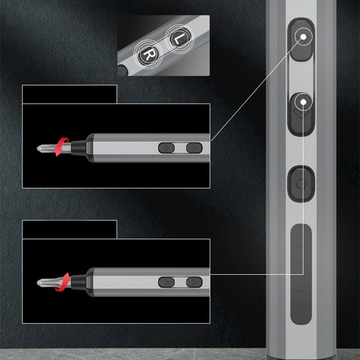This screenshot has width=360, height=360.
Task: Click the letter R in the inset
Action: click(x=148, y=54)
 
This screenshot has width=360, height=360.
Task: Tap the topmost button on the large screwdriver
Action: click(x=301, y=40)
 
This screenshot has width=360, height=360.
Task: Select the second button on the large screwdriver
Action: click(x=301, y=114)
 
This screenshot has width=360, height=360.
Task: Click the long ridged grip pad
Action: click(x=301, y=274)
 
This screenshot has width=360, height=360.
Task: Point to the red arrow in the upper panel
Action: click(x=62, y=147)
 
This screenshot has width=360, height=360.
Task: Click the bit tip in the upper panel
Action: click(x=38, y=148)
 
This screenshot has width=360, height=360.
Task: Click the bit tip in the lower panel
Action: click(x=38, y=283)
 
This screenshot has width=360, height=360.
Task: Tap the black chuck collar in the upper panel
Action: click(x=78, y=148)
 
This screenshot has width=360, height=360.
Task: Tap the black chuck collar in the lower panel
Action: click(x=78, y=282)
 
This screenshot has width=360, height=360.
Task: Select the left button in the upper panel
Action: click(x=166, y=148)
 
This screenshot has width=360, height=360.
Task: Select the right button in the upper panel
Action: click(x=194, y=148)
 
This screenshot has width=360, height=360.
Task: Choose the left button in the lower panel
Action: click(x=166, y=282)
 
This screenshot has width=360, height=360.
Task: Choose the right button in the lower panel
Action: click(x=194, y=282)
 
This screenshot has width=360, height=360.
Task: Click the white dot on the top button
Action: click(x=303, y=36)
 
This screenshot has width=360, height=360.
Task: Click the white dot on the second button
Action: click(x=303, y=102)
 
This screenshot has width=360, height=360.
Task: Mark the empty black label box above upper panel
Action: click(x=70, y=94)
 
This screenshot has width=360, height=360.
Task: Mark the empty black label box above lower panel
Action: click(x=70, y=229)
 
